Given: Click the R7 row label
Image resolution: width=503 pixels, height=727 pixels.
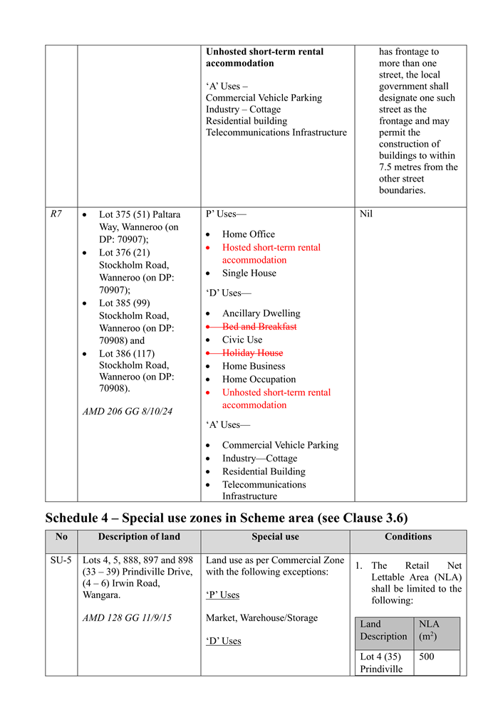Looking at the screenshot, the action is pyautogui.click(x=56, y=214).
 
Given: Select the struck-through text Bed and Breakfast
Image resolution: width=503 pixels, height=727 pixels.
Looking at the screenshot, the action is pyautogui.click(x=259, y=326).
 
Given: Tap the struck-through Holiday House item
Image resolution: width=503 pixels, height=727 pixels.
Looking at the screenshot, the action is pyautogui.click(x=252, y=352).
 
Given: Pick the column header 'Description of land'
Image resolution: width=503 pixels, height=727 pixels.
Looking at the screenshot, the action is pyautogui.click(x=139, y=537).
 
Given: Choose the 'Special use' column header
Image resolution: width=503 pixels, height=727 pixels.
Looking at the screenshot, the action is pyautogui.click(x=275, y=537).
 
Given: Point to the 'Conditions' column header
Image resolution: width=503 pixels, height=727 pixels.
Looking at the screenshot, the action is pyautogui.click(x=408, y=537).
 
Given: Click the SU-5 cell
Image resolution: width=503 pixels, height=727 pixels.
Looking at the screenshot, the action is pyautogui.click(x=61, y=560).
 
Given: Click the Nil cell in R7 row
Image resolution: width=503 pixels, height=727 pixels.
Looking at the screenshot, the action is pyautogui.click(x=365, y=214).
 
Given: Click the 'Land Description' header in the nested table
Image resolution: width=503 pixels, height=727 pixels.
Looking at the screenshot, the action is pyautogui.click(x=383, y=629).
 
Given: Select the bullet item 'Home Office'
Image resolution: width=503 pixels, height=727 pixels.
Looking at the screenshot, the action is pyautogui.click(x=248, y=234).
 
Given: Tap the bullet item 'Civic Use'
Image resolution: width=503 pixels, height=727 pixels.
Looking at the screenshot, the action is pyautogui.click(x=242, y=340).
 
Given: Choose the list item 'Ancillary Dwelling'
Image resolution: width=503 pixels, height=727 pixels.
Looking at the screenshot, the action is pyautogui.click(x=261, y=313).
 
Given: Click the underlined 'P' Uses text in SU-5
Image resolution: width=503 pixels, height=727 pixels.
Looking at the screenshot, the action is pyautogui.click(x=222, y=595).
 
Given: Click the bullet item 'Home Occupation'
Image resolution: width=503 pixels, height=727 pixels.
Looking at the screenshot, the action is pyautogui.click(x=259, y=379).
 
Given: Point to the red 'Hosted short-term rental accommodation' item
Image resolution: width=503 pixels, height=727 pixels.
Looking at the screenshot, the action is pyautogui.click(x=271, y=253).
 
